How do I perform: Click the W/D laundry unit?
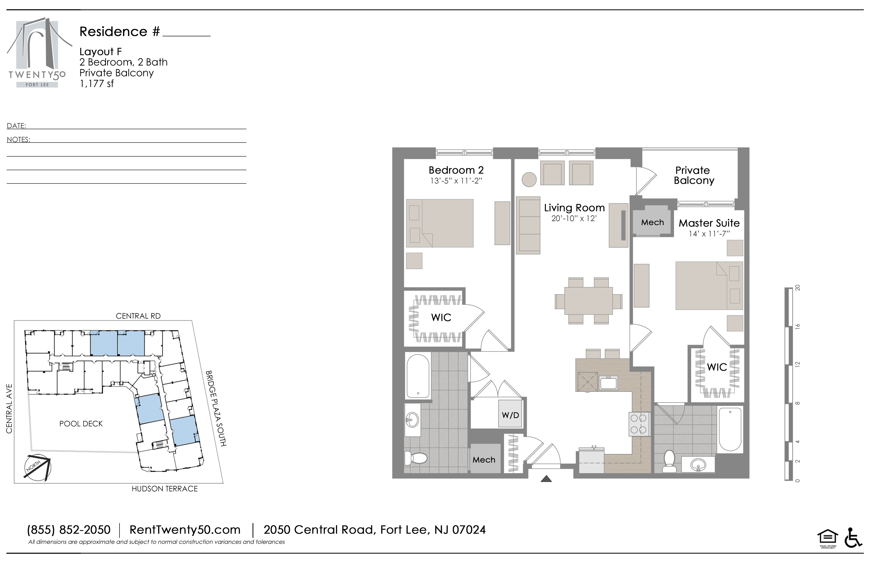point(510,414)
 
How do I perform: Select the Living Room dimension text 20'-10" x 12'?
point(574,219)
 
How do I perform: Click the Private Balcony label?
point(693,176)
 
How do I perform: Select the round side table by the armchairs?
point(529,179)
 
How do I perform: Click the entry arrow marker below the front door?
point(546,478)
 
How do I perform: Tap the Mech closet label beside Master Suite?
point(652,222)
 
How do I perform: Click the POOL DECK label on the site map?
point(81,424)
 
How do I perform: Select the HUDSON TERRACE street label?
point(165,489)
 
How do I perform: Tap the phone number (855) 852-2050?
point(69,530)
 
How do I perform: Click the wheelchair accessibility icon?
point(854,537)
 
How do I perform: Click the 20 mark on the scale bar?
point(798,288)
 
